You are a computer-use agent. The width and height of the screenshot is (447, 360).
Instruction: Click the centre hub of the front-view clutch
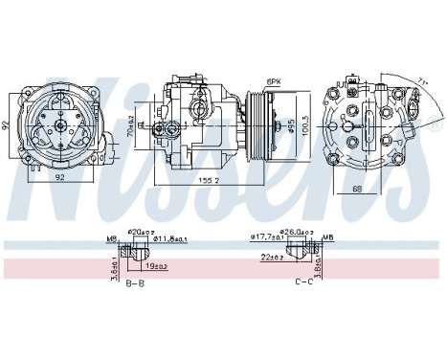[x=60, y=124]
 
